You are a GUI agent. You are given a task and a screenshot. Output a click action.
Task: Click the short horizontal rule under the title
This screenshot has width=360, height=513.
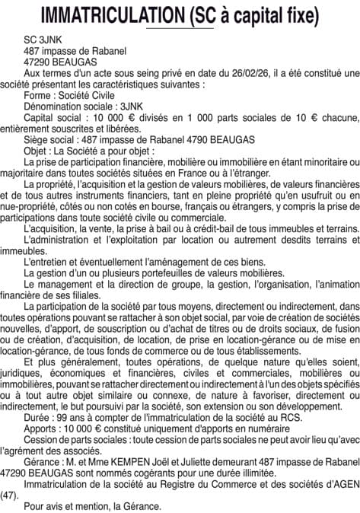(180, 29)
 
